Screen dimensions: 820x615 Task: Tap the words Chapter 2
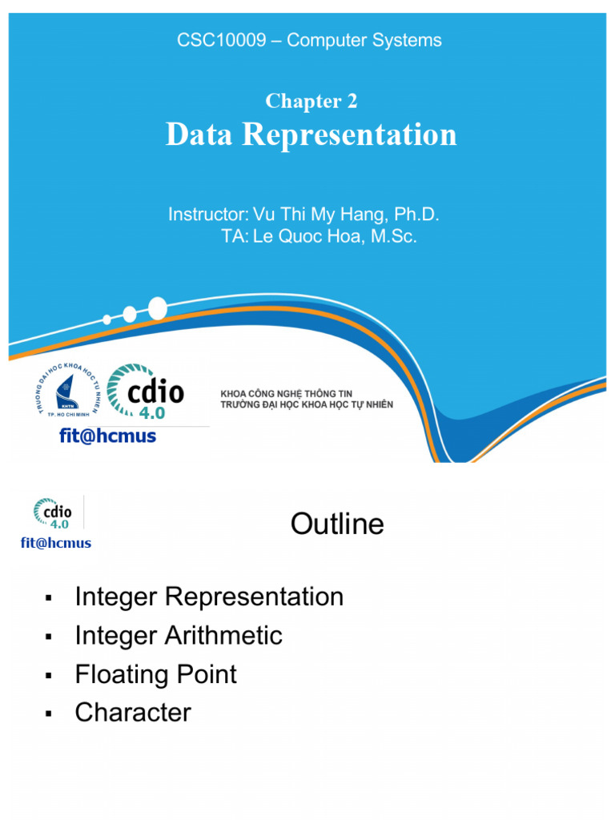pyautogui.click(x=311, y=101)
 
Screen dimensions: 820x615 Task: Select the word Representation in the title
pyautogui.click(x=349, y=135)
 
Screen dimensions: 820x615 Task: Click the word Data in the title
pyautogui.click(x=199, y=135)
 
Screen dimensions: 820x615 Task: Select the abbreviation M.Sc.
pyautogui.click(x=394, y=237)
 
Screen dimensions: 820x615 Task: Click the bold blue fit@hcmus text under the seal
pyautogui.click(x=108, y=436)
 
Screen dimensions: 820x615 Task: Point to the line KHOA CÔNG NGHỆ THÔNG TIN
pyautogui.click(x=286, y=395)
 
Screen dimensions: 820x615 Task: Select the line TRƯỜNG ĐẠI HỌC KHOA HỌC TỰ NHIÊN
pyautogui.click(x=307, y=405)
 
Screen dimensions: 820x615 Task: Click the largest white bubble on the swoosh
pyautogui.click(x=158, y=307)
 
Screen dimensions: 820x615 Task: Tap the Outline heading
pyautogui.click(x=337, y=525)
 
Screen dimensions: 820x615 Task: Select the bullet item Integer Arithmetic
pyautogui.click(x=179, y=636)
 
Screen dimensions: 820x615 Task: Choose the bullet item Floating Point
pyautogui.click(x=155, y=674)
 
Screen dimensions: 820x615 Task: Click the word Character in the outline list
pyautogui.click(x=133, y=713)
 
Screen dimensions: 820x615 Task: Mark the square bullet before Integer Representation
pyautogui.click(x=49, y=598)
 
